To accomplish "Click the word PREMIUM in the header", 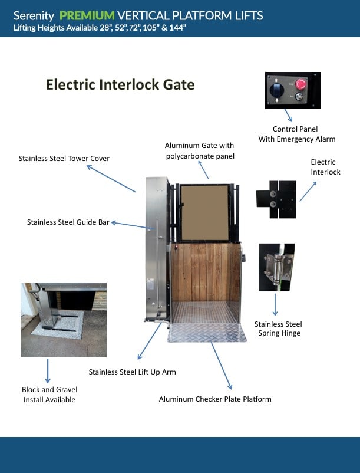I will click(x=87, y=15).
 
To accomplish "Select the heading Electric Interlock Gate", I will click(x=120, y=85).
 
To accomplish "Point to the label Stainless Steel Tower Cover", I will click(x=64, y=158).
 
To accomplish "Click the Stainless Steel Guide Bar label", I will click(x=68, y=222).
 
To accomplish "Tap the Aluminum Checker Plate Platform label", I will click(x=215, y=399).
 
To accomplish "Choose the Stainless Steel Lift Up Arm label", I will click(x=132, y=372).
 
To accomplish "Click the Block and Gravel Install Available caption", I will click(x=49, y=395).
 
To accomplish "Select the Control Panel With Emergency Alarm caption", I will click(x=296, y=134).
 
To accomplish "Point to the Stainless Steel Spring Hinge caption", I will click(x=278, y=329).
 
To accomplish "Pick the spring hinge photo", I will click(x=276, y=267).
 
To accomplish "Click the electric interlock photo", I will click(x=276, y=199).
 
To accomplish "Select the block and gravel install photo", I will click(x=64, y=320).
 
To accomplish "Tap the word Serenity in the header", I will click(x=34, y=15).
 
